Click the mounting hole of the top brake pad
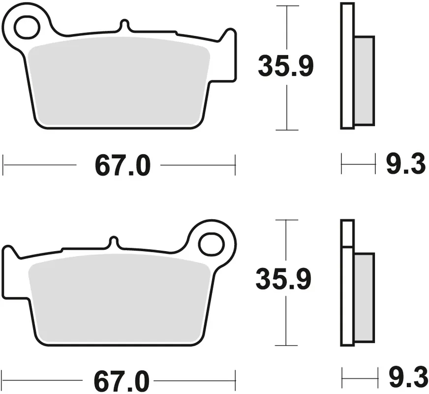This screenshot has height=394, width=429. (27, 27)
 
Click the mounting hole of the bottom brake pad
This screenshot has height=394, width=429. (211, 244)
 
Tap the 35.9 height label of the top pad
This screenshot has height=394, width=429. (286, 66)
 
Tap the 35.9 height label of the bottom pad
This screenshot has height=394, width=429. (284, 279)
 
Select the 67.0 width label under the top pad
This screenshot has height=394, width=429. (123, 165)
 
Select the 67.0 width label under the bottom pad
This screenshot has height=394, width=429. (122, 381)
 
